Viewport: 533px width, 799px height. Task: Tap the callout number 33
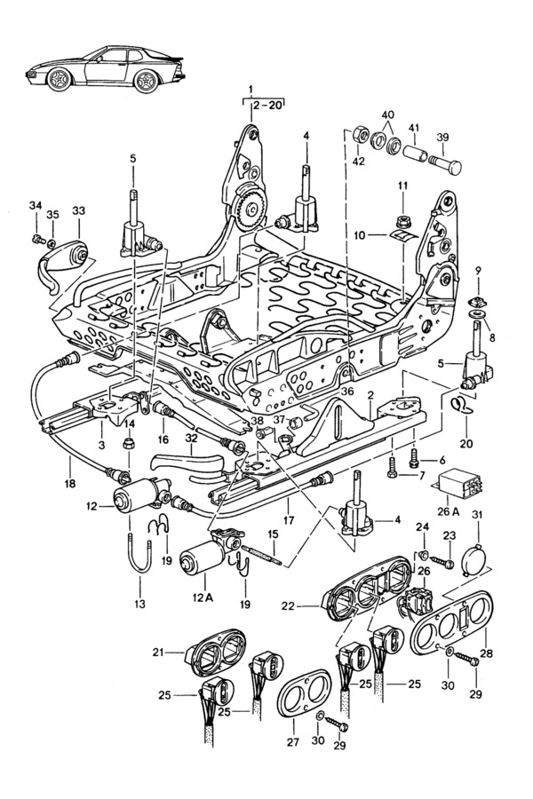(x=79, y=210)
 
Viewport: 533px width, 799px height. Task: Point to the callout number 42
(x=359, y=161)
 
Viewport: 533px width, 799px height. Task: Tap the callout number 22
(x=287, y=606)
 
